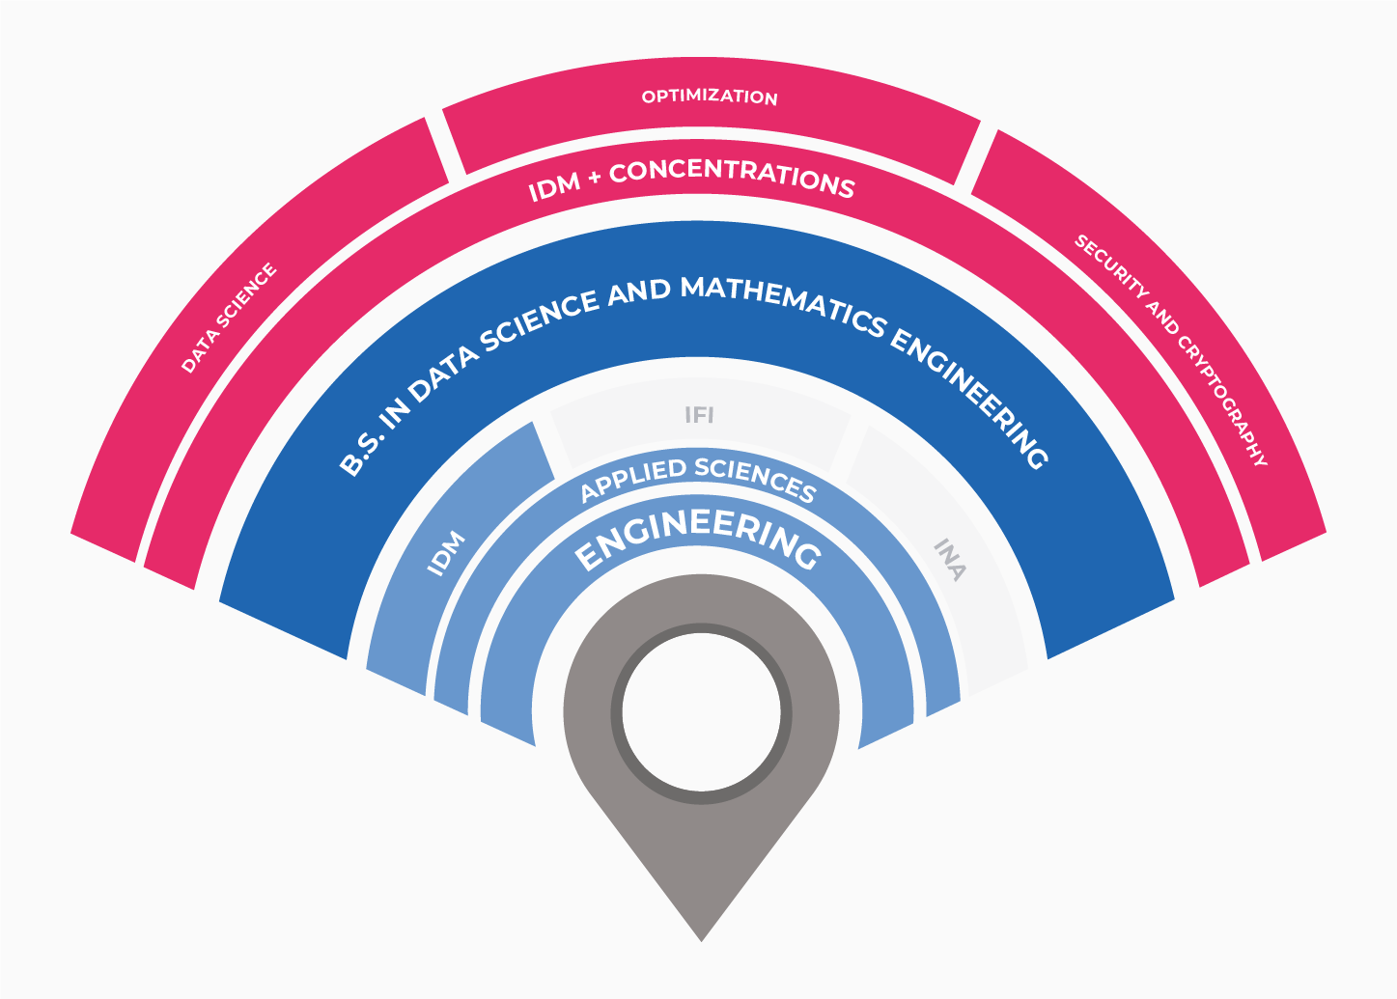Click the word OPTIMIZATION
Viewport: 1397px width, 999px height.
point(710,97)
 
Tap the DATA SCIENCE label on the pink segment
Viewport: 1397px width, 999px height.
point(229,318)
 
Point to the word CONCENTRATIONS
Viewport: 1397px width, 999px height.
point(732,179)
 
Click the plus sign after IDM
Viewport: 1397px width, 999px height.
point(595,177)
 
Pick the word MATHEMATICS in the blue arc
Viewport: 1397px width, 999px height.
point(784,305)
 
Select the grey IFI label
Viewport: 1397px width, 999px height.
point(699,415)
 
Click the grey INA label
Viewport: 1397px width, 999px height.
point(950,560)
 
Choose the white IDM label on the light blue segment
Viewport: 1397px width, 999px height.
point(446,553)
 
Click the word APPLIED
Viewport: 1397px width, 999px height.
point(633,480)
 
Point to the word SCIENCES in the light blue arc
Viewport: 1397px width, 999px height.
point(757,479)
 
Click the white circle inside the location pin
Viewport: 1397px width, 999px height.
point(701,712)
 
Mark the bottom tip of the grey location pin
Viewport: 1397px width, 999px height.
point(701,941)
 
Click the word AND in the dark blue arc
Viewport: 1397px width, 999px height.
point(638,292)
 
